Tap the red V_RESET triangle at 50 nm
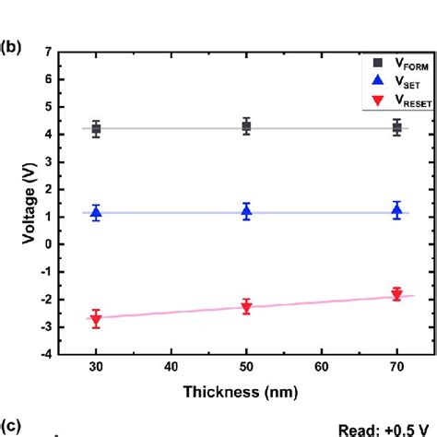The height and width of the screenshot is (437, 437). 246,307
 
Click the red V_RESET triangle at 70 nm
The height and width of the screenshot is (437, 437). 396,295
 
